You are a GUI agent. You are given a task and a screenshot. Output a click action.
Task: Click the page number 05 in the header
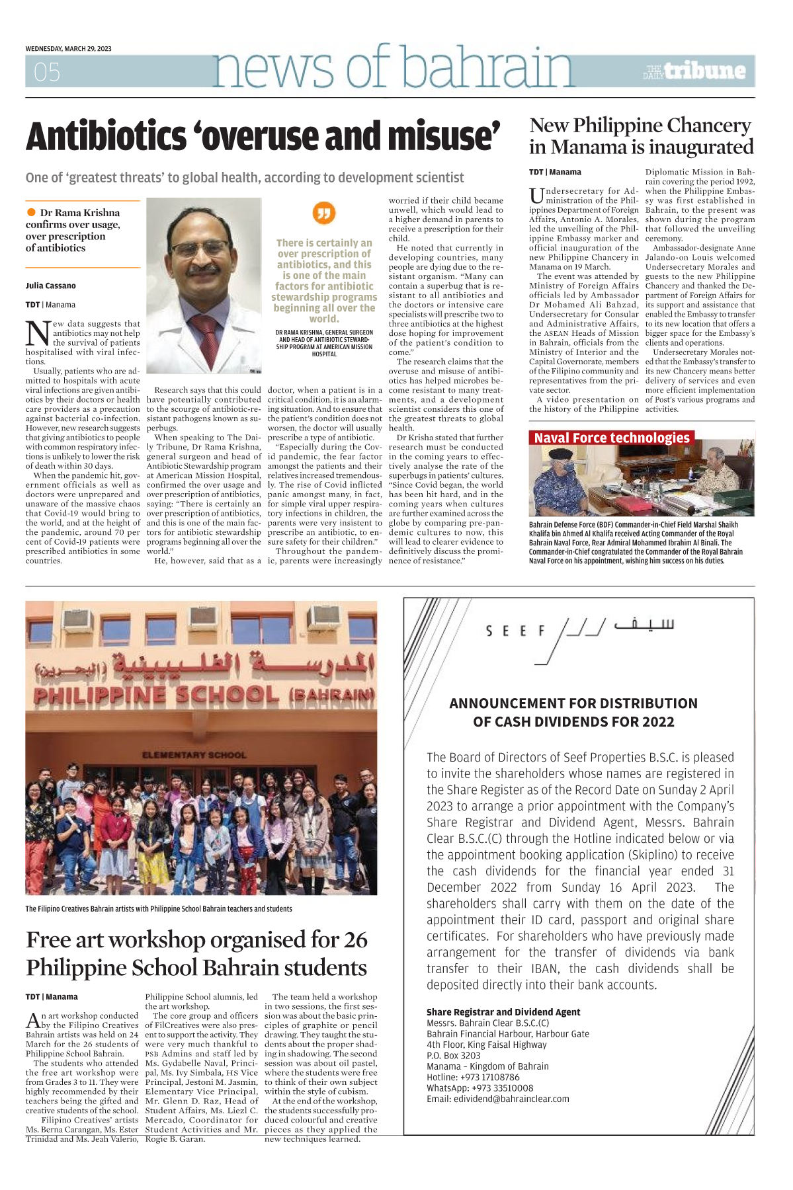[47, 72]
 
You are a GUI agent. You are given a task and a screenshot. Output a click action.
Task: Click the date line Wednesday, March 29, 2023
[68, 49]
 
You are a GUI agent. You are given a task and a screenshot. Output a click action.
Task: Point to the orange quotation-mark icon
[324, 213]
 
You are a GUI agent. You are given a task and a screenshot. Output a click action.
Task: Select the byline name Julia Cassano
[51, 286]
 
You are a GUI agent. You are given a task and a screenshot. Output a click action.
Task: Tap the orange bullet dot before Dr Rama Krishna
[31, 212]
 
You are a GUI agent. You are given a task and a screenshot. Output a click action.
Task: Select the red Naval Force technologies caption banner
[612, 438]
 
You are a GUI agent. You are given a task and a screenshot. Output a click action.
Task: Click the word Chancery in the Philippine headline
[709, 126]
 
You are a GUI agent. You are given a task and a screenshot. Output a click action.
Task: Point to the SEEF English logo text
[515, 631]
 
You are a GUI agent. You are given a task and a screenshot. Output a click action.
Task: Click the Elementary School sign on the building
[194, 755]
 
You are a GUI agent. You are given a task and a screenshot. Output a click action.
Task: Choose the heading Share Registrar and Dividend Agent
[503, 1012]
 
